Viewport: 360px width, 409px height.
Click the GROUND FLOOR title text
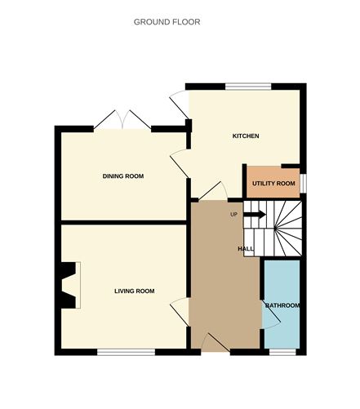coord(167,22)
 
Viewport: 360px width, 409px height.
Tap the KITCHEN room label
coord(246,136)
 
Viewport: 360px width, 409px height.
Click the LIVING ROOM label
coord(134,291)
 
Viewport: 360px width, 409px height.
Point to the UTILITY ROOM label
coord(273,184)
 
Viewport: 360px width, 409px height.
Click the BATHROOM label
coord(282,305)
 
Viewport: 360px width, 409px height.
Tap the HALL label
coord(246,248)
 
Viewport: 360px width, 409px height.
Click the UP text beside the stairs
coord(233,215)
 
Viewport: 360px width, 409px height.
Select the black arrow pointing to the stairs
coord(254,215)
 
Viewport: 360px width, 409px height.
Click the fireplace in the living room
coord(69,284)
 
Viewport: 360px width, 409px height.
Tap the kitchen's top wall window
coord(247,86)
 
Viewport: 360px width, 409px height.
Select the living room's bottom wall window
coord(126,352)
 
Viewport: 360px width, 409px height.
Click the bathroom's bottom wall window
coord(282,352)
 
